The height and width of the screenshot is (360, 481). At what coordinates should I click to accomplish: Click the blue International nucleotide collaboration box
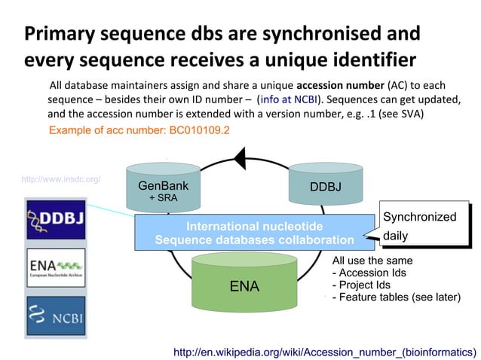[254, 233]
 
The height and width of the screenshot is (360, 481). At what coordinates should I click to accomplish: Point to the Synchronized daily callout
[418, 226]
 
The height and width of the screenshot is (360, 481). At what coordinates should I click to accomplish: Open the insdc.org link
[61, 180]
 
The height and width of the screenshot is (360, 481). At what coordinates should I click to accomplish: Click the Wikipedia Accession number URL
[325, 351]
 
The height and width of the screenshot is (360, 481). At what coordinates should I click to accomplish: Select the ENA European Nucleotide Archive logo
[56, 267]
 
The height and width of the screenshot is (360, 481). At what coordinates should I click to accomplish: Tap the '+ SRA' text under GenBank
[163, 197]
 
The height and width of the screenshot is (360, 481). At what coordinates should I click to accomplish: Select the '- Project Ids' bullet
[361, 285]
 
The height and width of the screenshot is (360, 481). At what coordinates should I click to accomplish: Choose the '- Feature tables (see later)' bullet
[396, 297]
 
